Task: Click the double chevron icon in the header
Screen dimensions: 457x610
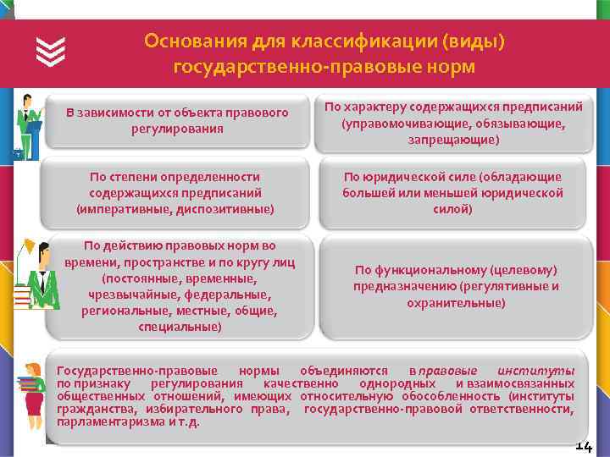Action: (x=52, y=52)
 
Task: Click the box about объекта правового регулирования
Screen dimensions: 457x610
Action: (x=177, y=120)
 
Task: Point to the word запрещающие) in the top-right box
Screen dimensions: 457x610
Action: (x=452, y=139)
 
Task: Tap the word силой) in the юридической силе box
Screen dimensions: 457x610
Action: (x=452, y=208)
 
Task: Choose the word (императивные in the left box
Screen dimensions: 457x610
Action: (x=116, y=208)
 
